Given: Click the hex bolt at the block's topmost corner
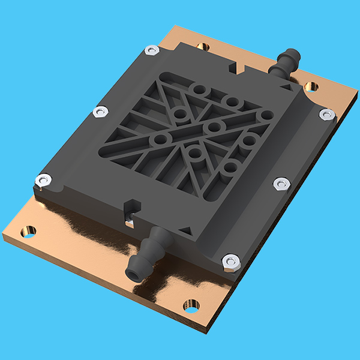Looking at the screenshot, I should click(x=152, y=50).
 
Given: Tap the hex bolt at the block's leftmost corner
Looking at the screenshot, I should click(x=43, y=179).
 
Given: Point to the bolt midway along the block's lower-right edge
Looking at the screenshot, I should click(x=279, y=183).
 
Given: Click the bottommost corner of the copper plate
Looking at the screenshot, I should click(x=208, y=331).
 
